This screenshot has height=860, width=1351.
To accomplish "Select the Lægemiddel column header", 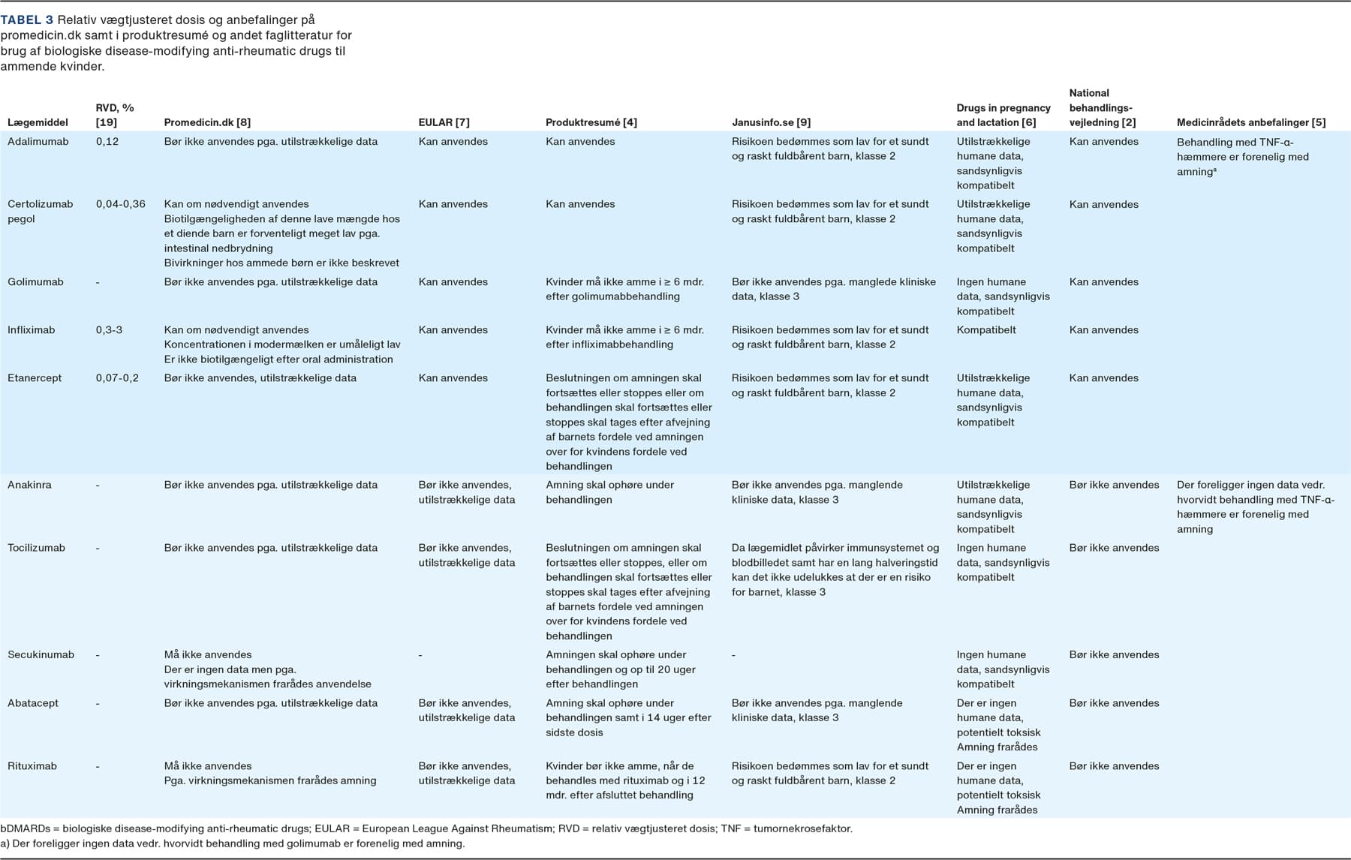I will click(x=38, y=122).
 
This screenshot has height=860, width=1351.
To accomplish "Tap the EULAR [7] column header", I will click(x=444, y=122).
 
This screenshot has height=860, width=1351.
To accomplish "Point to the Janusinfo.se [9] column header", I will click(x=771, y=122).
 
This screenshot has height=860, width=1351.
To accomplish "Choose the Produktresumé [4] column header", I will click(x=591, y=122).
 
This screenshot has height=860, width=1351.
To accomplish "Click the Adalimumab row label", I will click(x=38, y=141).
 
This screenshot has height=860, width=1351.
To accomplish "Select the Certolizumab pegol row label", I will click(x=40, y=211).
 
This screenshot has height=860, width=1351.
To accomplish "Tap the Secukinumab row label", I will click(x=41, y=654).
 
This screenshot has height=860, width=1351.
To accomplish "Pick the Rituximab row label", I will click(x=32, y=765).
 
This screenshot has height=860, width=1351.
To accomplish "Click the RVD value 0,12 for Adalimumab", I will click(x=107, y=141).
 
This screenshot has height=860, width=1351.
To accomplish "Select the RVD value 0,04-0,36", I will click(x=120, y=203).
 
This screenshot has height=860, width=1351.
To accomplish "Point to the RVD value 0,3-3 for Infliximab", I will click(x=109, y=329).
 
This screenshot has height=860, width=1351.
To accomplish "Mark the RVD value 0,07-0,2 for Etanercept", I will click(x=117, y=377).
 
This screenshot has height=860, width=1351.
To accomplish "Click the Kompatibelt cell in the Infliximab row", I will click(x=986, y=329).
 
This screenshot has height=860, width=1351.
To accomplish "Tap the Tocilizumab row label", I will click(x=36, y=547).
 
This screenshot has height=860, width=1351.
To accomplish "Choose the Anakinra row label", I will click(x=29, y=485).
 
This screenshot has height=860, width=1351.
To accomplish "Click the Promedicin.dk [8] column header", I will click(x=207, y=122).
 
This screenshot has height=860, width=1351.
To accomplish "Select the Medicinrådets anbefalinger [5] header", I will click(x=1250, y=122).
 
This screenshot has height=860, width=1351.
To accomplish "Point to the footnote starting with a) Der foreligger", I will click(x=233, y=843).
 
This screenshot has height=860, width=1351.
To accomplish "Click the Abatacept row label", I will click(x=33, y=702).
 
